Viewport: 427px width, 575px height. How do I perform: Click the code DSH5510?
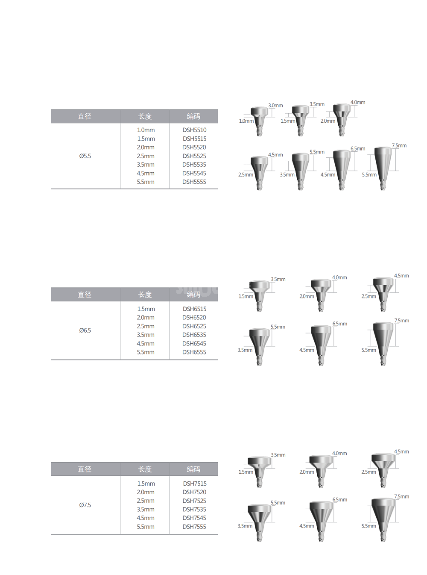coord(194,130)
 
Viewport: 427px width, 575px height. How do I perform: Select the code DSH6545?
coord(194,343)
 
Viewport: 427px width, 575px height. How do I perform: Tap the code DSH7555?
coord(194,527)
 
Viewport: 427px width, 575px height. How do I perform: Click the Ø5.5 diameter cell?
coord(85,156)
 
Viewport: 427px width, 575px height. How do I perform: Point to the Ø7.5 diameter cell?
coord(85,505)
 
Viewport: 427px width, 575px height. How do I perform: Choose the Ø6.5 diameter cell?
coord(85,330)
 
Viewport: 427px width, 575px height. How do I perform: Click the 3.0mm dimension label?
coord(275,106)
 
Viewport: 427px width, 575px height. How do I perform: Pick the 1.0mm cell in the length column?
coord(146,130)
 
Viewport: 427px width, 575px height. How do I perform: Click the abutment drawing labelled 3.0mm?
coord(259,121)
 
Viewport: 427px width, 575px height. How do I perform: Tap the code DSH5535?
coord(194,165)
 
